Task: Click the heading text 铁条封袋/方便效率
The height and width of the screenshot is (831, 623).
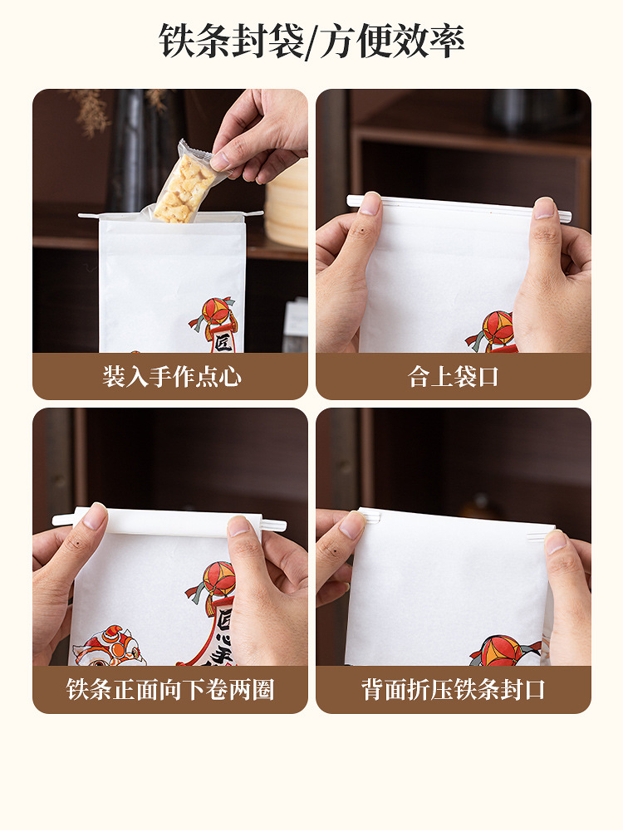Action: (x=311, y=42)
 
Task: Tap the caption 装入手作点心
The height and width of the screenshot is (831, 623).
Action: (x=172, y=377)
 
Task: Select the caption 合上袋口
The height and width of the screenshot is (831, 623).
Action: (x=454, y=377)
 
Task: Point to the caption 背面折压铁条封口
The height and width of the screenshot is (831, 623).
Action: (x=454, y=690)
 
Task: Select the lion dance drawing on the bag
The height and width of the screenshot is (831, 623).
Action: (x=108, y=648)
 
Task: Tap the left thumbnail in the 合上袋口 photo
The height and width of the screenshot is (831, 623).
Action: (x=370, y=203)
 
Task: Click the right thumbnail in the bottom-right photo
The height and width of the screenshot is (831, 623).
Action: (x=556, y=541)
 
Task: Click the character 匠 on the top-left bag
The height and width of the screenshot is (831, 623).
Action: (x=223, y=341)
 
